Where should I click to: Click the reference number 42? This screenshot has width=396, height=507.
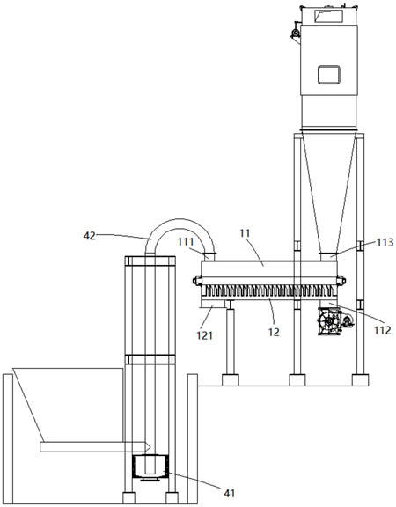coord(90,236)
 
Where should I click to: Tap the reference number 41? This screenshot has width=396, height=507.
coord(229,493)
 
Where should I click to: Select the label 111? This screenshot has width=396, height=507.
coord(186,242)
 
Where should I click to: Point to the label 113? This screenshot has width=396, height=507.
coord(385,242)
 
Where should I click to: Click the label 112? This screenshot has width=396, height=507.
coord(383,330)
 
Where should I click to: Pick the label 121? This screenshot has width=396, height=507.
coord(205,335)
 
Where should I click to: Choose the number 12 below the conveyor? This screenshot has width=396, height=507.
coord(274,332)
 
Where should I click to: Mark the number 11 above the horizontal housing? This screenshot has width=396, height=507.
coord(245,233)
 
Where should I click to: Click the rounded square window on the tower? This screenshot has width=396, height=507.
coord(329,75)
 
